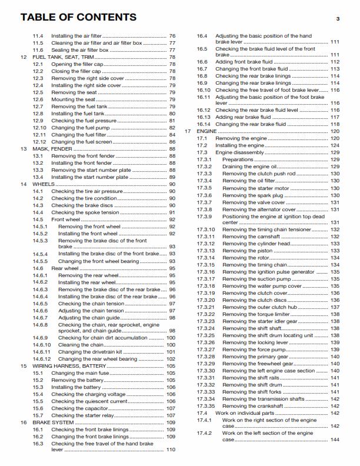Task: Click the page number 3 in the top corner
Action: point(338,19)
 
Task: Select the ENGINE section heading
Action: point(207,131)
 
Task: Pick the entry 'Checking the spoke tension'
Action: point(86,212)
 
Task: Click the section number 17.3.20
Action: point(206,300)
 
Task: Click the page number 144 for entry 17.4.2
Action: point(335,440)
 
